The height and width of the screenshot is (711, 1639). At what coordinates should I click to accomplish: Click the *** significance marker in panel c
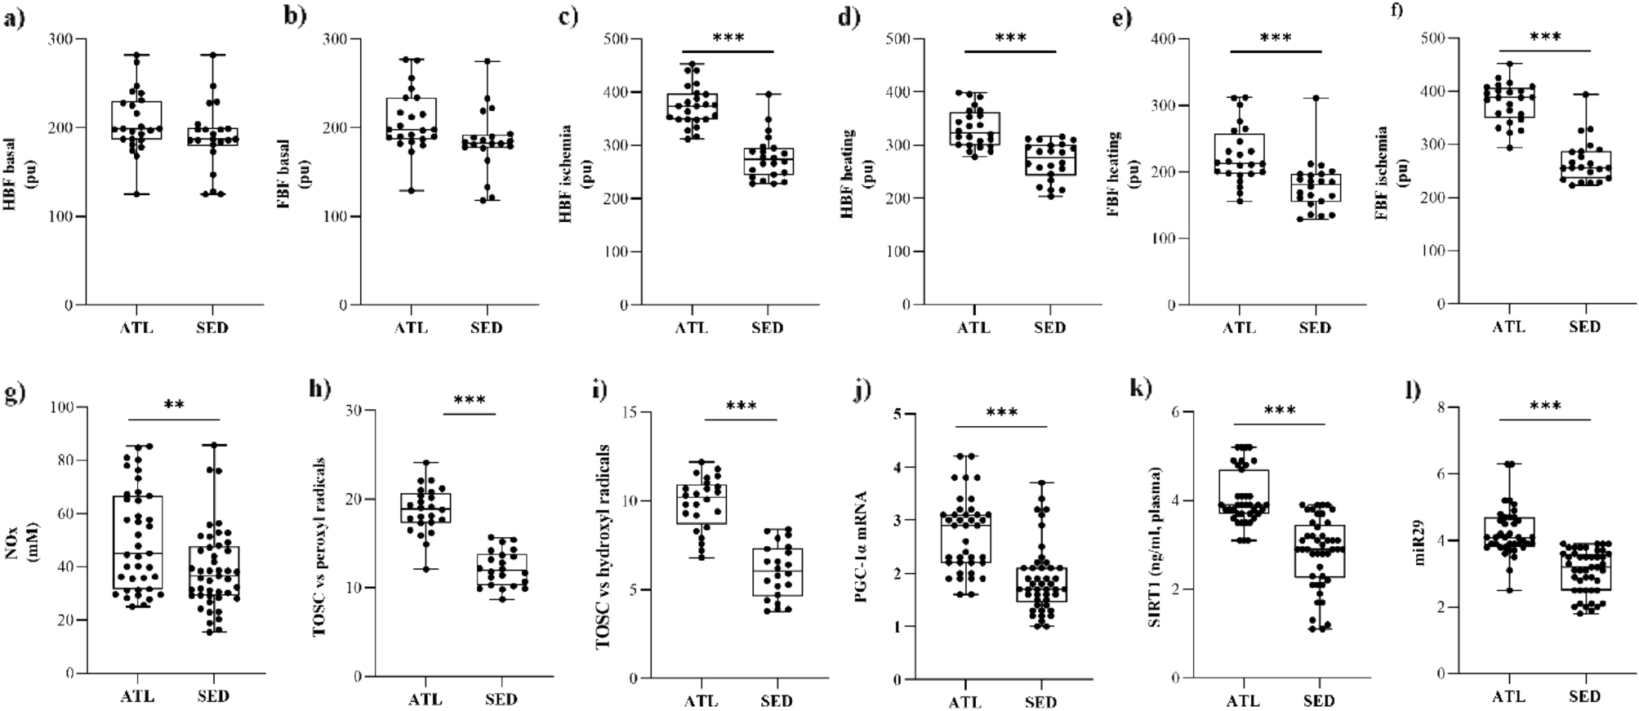click(x=728, y=38)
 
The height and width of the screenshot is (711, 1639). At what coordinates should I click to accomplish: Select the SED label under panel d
click(x=1049, y=328)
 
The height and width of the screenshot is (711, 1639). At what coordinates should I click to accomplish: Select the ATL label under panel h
click(x=425, y=700)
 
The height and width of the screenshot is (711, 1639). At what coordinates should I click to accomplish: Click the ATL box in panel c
click(x=693, y=106)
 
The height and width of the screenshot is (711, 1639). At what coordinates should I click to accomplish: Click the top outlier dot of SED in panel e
click(x=1315, y=98)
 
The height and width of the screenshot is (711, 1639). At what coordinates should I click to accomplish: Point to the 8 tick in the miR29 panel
click(x=1454, y=407)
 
